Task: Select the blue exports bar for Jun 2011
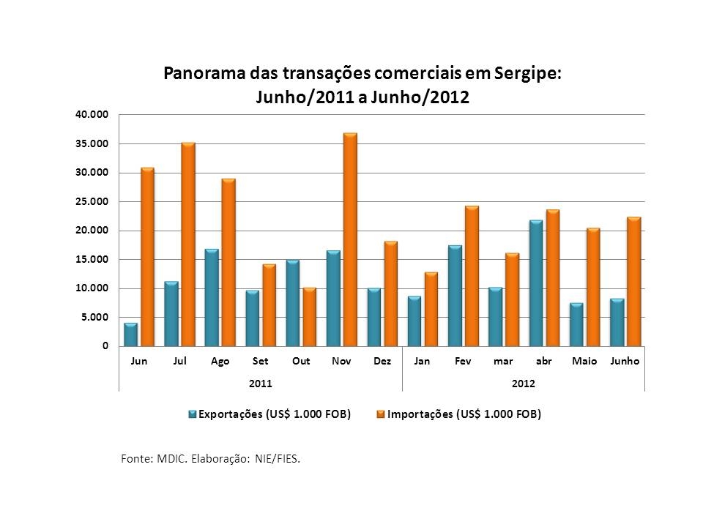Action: (x=130, y=334)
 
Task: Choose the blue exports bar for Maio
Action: (x=576, y=324)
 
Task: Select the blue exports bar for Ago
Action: (x=212, y=298)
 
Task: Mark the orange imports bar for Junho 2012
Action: (x=634, y=282)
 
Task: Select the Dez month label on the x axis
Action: (x=382, y=362)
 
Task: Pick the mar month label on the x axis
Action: (x=503, y=362)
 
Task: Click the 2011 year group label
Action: (x=260, y=383)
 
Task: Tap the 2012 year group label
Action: (x=524, y=383)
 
